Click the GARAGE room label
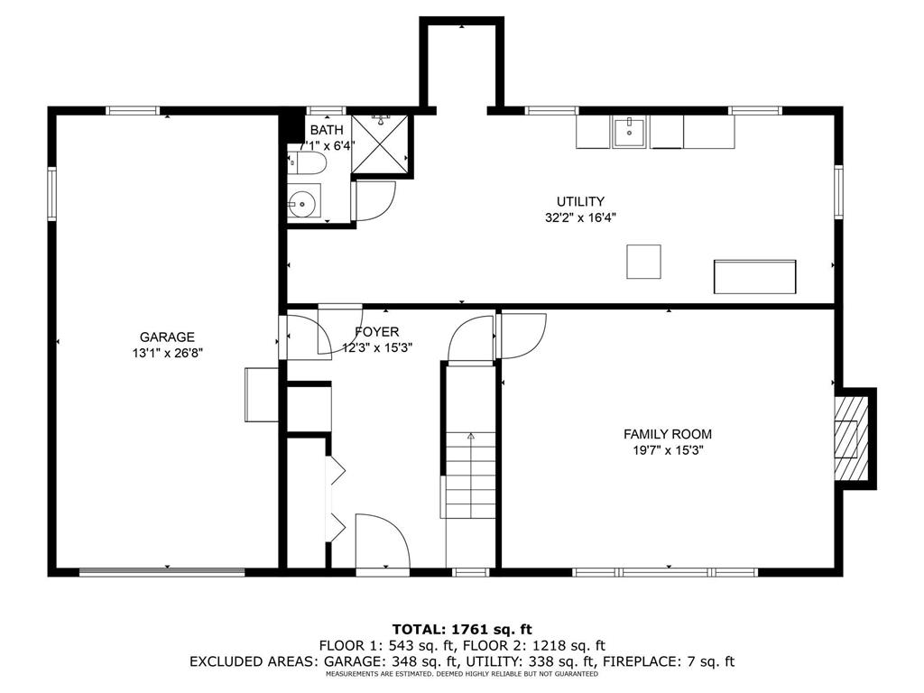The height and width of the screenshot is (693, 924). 167,337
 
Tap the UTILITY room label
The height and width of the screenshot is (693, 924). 580,201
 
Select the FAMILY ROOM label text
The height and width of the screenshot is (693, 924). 668,434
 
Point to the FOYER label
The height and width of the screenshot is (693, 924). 376,332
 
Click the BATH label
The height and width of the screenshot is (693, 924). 327,130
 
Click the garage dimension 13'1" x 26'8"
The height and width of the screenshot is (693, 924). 167,354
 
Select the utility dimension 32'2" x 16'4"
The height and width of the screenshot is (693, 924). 580,217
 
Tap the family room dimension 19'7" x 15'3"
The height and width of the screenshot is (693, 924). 669,451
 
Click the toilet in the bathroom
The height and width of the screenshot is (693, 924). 307,162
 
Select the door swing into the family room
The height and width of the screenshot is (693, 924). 522,336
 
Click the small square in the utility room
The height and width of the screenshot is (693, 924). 643,262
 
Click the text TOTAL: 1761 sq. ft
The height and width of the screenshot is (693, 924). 462,629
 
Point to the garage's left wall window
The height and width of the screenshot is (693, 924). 51,194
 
